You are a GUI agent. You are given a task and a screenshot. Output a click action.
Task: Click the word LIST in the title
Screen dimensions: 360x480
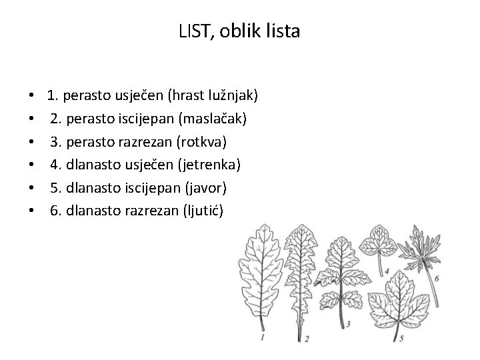tap(194, 31)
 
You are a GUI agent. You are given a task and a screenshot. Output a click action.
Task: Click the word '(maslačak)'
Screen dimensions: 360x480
tap(213, 119)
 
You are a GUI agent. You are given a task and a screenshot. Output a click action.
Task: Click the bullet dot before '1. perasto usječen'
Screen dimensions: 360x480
tap(31, 97)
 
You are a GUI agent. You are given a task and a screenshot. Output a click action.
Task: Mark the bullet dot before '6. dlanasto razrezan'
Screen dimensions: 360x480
tap(31, 211)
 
